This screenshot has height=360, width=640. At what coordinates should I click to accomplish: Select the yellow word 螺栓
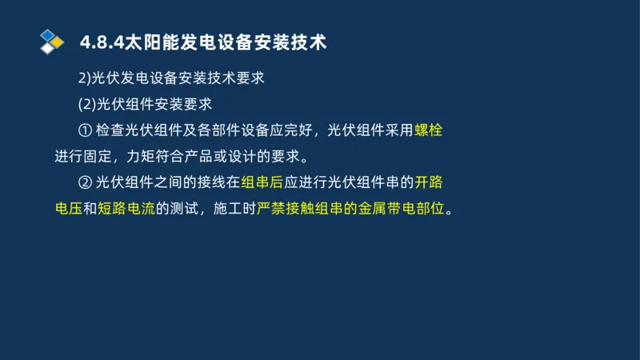(x=428, y=130)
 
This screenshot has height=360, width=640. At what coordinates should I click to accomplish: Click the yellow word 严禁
(x=271, y=210)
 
